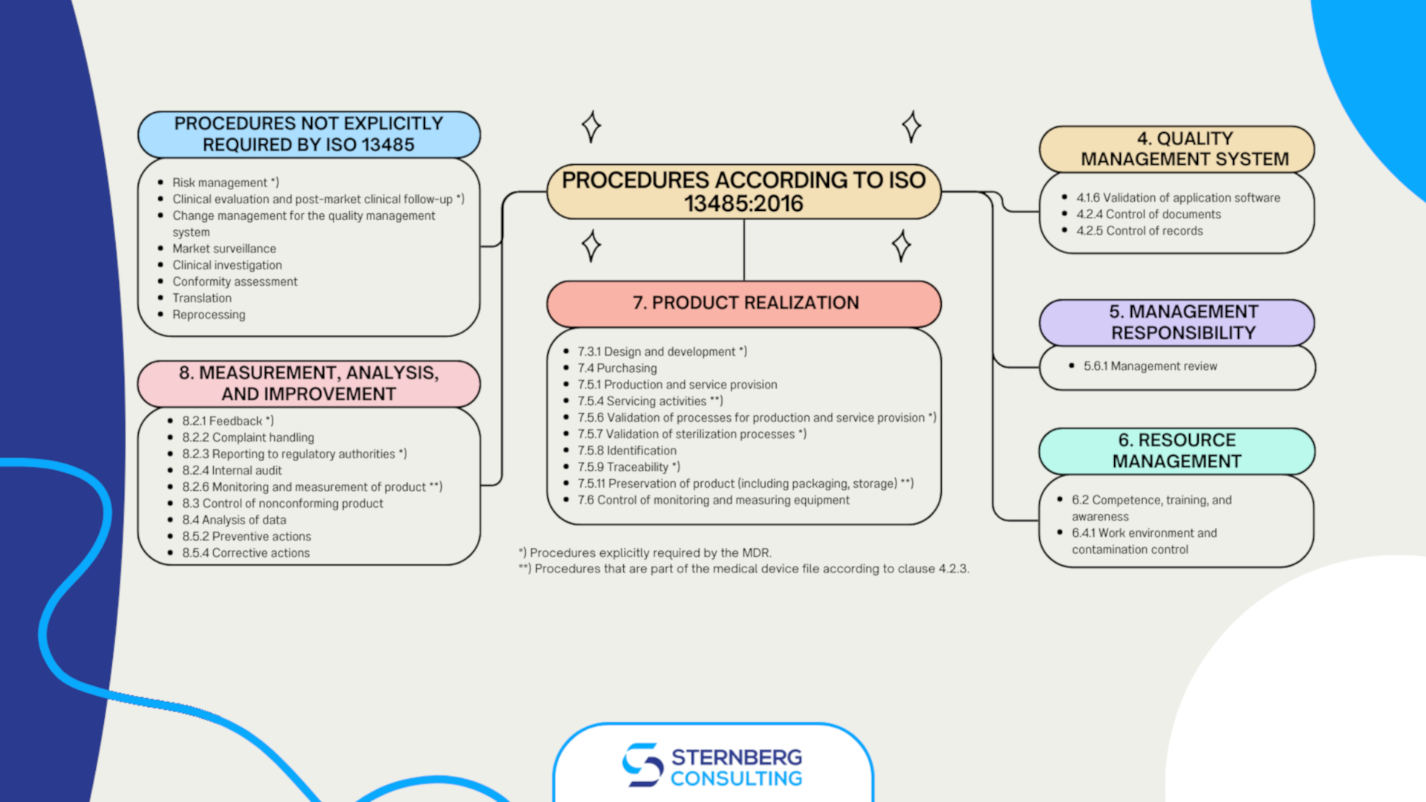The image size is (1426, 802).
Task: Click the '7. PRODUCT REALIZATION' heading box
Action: [744, 303]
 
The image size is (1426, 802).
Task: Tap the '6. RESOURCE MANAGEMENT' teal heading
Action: [1177, 451]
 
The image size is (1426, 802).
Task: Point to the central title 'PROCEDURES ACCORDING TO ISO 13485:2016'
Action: [743, 192]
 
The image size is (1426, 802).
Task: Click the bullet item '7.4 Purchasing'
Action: [617, 368]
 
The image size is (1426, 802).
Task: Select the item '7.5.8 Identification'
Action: [627, 451]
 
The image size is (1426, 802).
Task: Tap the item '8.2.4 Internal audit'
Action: [232, 471]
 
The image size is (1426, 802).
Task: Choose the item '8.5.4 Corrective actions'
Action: [246, 553]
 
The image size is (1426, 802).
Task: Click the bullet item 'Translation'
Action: [202, 299]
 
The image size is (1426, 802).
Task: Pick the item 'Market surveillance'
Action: [224, 249]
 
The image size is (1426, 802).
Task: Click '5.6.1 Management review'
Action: [1150, 366]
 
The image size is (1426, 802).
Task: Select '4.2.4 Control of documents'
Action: [1148, 215]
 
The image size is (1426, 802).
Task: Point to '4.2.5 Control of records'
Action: [1139, 231]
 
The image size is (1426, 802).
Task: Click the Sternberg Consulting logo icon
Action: [642, 765]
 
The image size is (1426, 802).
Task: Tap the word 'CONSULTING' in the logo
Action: [736, 778]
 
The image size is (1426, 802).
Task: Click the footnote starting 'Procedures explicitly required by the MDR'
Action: [646, 553]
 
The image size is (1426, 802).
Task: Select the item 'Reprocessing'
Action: [209, 315]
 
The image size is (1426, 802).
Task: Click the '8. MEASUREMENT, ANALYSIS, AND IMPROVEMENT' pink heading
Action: [309, 383]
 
